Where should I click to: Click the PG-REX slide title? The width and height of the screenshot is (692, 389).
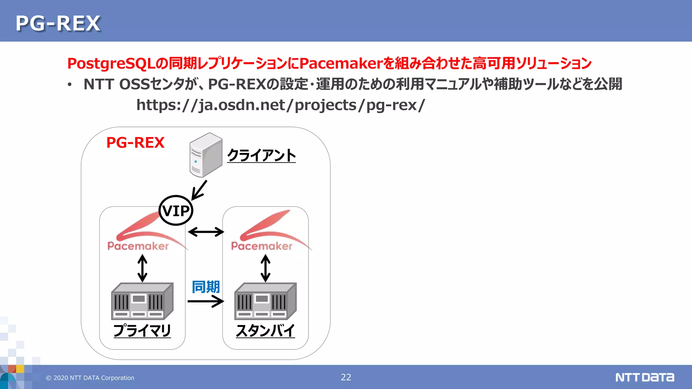click(x=58, y=23)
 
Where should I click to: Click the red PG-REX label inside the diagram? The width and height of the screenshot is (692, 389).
click(x=135, y=142)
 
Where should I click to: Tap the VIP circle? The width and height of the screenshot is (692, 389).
click(x=176, y=210)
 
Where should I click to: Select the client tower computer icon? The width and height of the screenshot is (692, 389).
click(x=206, y=155)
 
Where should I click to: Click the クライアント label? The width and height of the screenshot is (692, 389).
click(x=261, y=155)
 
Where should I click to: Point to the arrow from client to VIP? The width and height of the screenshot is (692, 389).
click(x=199, y=190)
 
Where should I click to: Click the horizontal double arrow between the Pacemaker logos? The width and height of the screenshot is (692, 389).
click(x=206, y=232)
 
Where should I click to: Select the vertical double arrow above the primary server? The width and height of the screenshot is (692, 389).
click(x=142, y=268)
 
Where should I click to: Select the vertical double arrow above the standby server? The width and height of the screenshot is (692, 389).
click(x=266, y=268)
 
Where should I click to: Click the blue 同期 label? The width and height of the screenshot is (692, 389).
click(x=205, y=287)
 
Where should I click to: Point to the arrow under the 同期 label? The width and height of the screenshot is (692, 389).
click(x=205, y=301)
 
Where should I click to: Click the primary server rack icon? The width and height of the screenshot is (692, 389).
click(x=142, y=301)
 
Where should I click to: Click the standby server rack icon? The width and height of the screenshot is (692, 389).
click(x=266, y=301)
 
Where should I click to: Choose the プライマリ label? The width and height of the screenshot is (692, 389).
click(x=142, y=330)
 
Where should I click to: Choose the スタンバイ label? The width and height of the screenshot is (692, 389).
click(x=265, y=330)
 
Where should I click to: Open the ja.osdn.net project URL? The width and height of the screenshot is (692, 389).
click(x=280, y=105)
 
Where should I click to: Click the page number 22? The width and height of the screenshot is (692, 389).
click(x=346, y=377)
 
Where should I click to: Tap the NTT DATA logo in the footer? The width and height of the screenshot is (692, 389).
click(x=644, y=377)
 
